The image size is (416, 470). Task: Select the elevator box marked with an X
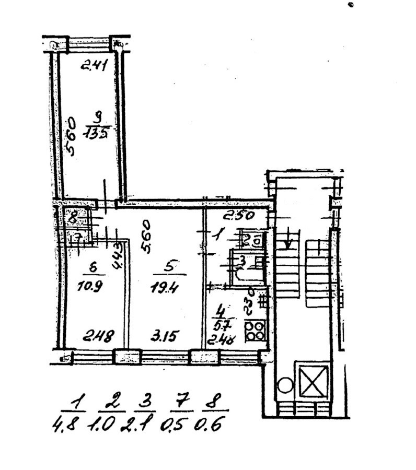311,381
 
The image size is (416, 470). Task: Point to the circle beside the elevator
285,386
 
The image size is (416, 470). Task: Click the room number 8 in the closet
73,214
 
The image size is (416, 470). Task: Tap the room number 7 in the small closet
77,239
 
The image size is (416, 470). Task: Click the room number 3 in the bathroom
242,259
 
